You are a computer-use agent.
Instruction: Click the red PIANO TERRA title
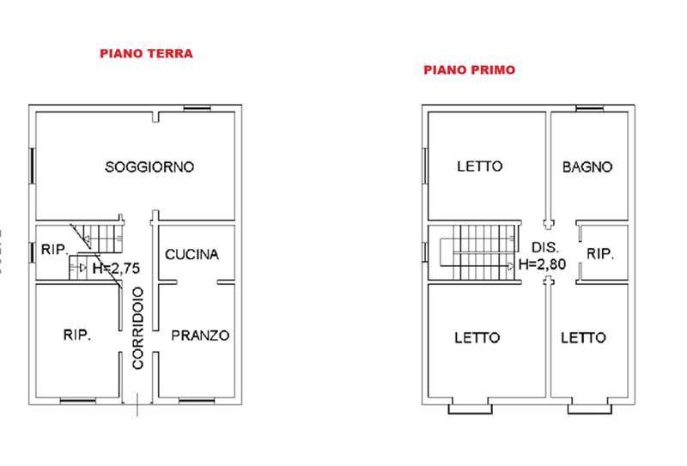[146, 53]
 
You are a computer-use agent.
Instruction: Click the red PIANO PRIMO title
[469, 70]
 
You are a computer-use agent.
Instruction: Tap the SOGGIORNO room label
[149, 166]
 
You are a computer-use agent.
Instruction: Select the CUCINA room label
[192, 254]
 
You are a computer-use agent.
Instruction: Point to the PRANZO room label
[199, 336]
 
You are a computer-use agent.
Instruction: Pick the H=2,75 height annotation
[116, 268]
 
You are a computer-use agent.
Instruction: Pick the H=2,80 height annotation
[542, 264]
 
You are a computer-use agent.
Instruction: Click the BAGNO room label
[587, 166]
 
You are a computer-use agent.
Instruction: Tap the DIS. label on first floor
[544, 245]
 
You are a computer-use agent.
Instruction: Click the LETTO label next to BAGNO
[479, 166]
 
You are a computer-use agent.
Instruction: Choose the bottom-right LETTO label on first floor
[583, 337]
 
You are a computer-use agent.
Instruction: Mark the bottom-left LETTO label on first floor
[477, 337]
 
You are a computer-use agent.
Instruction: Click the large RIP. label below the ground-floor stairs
[77, 336]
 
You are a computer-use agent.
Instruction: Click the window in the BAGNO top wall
[588, 107]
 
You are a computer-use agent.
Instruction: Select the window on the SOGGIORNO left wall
[32, 165]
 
